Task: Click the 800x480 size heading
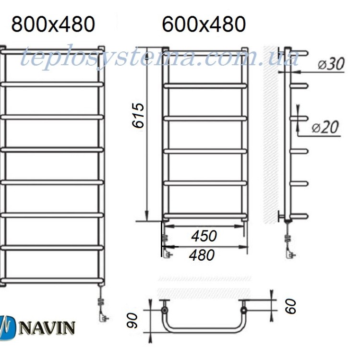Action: click(x=53, y=24)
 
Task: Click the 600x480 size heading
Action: click(x=204, y=24)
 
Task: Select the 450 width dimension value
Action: click(x=204, y=236)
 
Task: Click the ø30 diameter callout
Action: click(x=331, y=64)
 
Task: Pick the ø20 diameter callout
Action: click(x=325, y=127)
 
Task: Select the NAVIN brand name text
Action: click(x=47, y=328)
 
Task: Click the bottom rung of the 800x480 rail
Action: click(x=52, y=280)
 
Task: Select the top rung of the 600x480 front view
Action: click(x=205, y=86)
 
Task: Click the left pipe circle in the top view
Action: click(x=164, y=311)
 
